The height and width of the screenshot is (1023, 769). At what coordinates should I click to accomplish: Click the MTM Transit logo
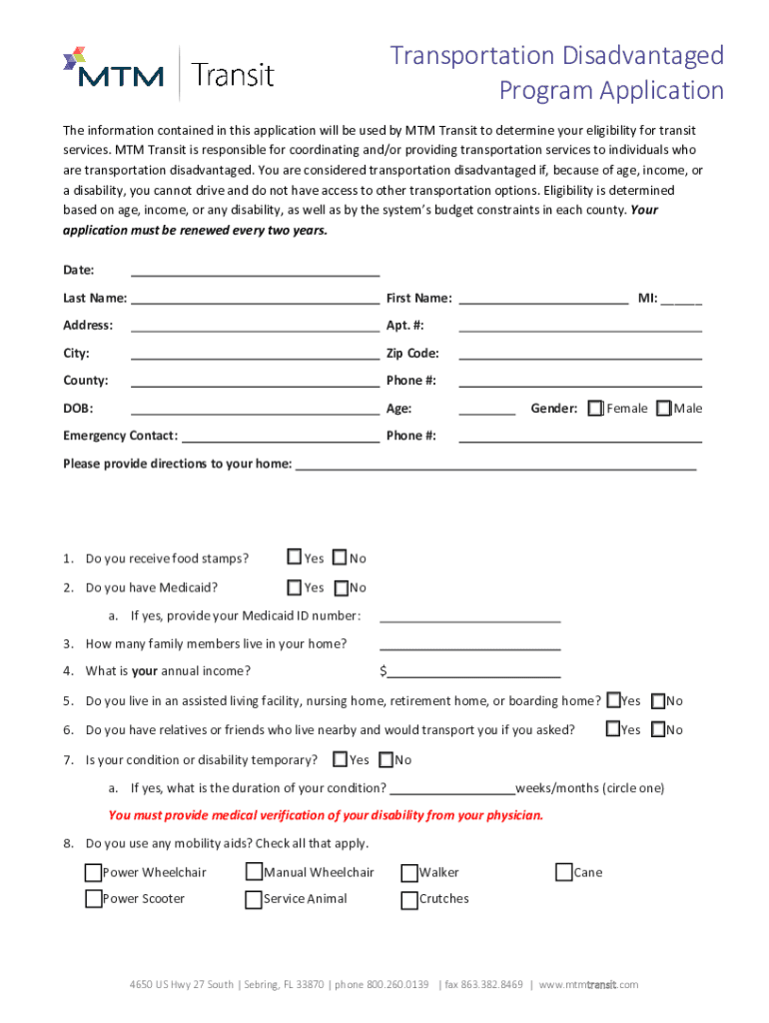click(x=168, y=72)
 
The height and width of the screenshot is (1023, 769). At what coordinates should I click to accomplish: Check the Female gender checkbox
click(x=596, y=409)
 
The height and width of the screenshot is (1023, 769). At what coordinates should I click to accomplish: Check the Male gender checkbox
click(x=663, y=409)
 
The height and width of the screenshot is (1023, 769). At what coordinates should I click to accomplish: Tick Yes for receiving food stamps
click(x=295, y=557)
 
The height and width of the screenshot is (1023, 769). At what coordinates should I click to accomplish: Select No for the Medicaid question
click(x=340, y=587)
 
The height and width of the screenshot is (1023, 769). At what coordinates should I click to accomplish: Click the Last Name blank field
click(x=255, y=299)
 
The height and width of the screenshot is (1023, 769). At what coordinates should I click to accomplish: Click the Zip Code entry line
click(x=579, y=354)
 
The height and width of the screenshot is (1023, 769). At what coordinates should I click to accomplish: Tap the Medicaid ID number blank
click(x=469, y=616)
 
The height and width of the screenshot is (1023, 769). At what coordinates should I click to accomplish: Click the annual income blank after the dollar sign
click(x=473, y=671)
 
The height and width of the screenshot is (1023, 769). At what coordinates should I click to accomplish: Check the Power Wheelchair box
click(x=94, y=873)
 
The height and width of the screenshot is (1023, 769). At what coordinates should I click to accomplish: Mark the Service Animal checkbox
click(x=254, y=900)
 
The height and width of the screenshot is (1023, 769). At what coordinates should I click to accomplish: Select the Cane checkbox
click(x=564, y=873)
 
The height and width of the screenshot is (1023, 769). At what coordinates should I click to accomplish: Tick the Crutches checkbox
click(x=409, y=900)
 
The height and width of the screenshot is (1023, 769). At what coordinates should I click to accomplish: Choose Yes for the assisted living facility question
click(x=613, y=701)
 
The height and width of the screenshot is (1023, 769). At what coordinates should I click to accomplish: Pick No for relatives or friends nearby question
click(x=658, y=729)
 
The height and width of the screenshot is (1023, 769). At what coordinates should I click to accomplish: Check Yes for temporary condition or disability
click(x=340, y=760)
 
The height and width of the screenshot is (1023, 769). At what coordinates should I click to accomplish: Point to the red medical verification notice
click(x=326, y=815)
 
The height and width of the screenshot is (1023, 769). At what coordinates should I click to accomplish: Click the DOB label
click(x=77, y=409)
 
